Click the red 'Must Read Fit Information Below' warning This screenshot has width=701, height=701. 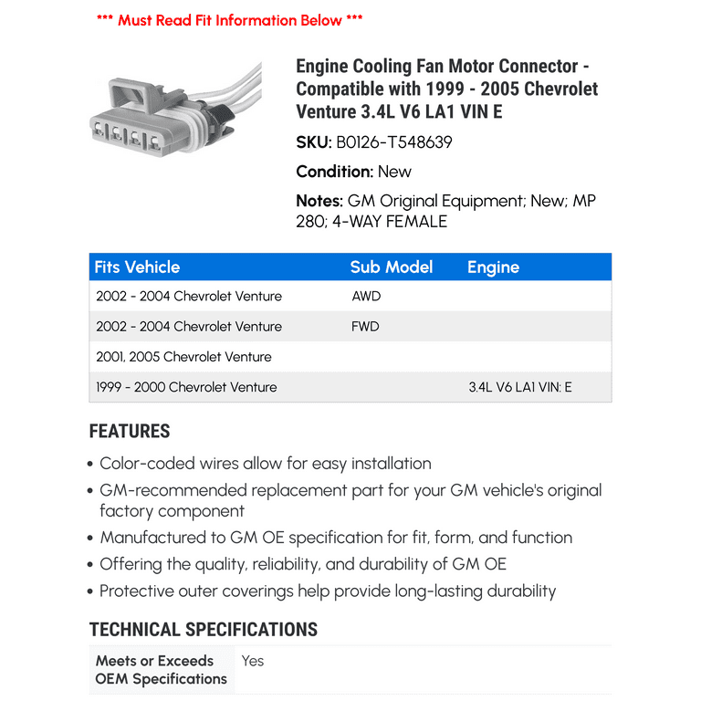click(229, 19)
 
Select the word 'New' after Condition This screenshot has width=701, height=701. click(394, 172)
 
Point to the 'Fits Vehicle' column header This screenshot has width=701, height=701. click(137, 267)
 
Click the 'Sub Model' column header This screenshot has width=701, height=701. click(391, 267)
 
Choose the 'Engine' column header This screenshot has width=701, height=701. click(493, 267)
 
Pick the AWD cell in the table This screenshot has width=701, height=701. click(366, 296)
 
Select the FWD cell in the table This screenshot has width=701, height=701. click(365, 326)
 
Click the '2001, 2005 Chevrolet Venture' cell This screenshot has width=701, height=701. click(183, 357)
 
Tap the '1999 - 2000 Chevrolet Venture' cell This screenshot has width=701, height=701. click(186, 387)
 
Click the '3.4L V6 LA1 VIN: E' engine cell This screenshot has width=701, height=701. click(520, 387)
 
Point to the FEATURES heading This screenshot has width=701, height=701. click(130, 432)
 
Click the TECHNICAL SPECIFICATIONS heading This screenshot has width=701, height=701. click(203, 630)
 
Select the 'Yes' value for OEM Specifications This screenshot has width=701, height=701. click(253, 660)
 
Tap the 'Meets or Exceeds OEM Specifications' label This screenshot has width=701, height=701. click(161, 670)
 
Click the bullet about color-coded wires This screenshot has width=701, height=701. click(265, 464)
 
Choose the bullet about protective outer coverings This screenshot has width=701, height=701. click(327, 591)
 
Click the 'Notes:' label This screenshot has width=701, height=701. click(319, 201)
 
